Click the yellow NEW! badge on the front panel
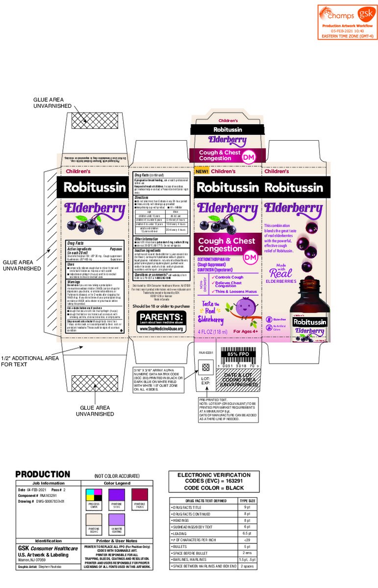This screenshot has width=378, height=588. (x=202, y=171)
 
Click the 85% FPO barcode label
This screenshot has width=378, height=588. (x=240, y=353)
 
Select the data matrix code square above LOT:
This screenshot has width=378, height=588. (x=206, y=367)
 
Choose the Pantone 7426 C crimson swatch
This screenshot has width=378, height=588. (x=140, y=496)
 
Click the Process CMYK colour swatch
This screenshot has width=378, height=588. (x=93, y=496)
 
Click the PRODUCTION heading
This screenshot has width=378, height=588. (x=43, y=474)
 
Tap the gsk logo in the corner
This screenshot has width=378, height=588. (x=363, y=14)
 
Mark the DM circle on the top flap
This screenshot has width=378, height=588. (x=252, y=155)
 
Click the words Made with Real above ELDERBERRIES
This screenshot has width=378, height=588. (x=281, y=271)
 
